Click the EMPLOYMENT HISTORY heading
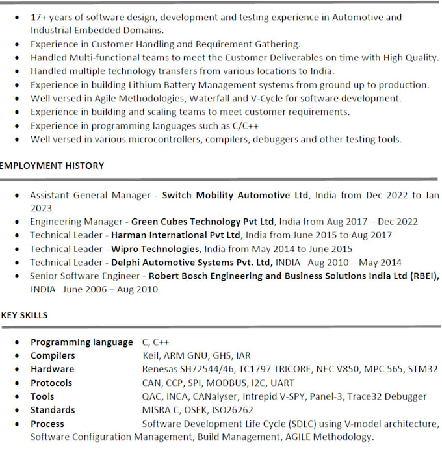52,166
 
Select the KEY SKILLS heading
25,315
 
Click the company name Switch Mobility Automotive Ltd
235,195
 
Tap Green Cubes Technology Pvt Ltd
202,222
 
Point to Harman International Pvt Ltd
176,235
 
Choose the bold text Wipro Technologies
155,249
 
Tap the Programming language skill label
81,342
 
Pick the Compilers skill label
53,356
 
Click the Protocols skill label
51,383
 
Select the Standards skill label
53,410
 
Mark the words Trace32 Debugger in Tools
390,396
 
